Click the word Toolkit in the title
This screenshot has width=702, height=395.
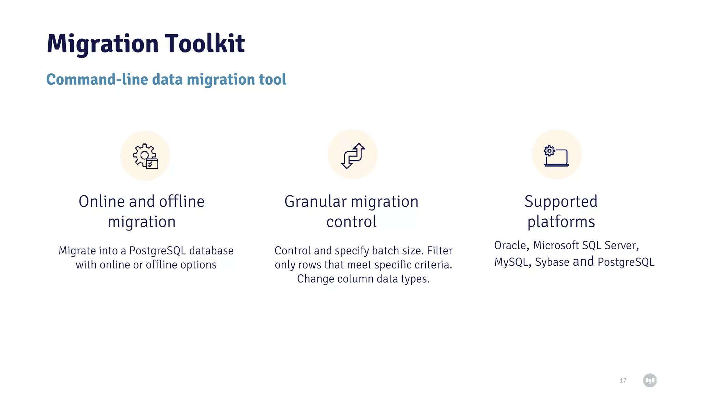point(205,44)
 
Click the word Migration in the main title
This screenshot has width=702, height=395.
point(102,44)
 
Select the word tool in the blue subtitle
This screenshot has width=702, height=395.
point(273,79)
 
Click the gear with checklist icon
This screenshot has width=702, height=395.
point(145,156)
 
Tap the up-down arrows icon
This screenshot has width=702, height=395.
point(353,155)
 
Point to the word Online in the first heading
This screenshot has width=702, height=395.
point(101,201)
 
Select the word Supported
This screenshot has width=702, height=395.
point(561,201)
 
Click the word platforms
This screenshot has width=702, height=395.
point(561,222)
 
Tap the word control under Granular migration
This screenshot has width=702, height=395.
point(351,222)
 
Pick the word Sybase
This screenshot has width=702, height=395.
point(552,262)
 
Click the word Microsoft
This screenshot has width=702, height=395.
point(556,245)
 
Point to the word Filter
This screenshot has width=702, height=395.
point(439,251)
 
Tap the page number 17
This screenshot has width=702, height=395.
point(623,380)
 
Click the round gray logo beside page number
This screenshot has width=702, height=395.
point(650,380)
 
